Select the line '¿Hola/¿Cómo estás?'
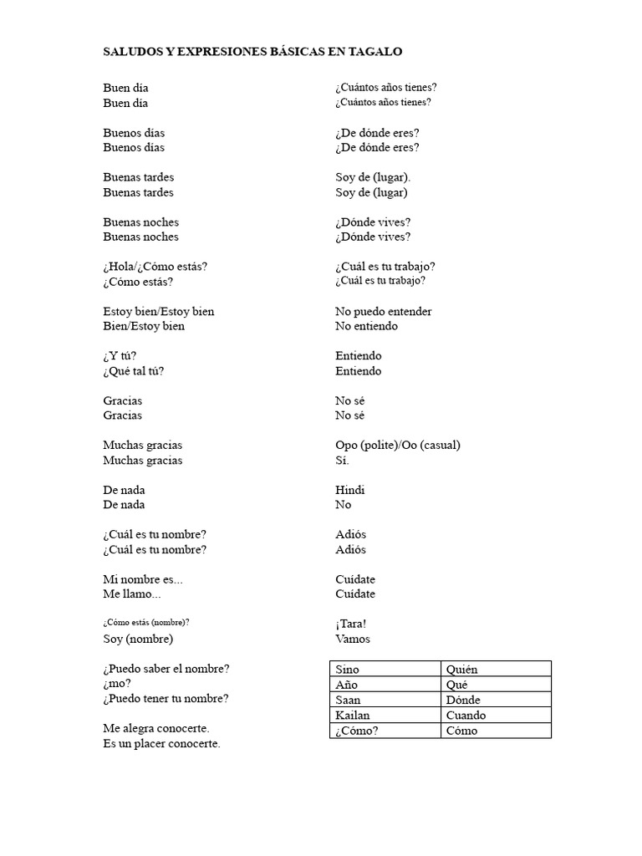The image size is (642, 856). (155, 267)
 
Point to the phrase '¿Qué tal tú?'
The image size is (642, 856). (134, 371)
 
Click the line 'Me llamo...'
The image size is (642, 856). (131, 594)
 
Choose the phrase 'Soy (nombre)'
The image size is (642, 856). (138, 639)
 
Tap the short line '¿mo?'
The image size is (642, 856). (117, 684)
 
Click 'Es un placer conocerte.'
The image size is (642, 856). (161, 744)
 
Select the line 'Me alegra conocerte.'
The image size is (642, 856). (156, 729)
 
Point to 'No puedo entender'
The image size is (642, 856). (384, 312)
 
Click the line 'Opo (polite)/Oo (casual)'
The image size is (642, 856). (398, 446)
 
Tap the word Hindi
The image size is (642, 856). (350, 490)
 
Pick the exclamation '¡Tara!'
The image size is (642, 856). (351, 624)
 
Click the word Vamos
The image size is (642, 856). (353, 639)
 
